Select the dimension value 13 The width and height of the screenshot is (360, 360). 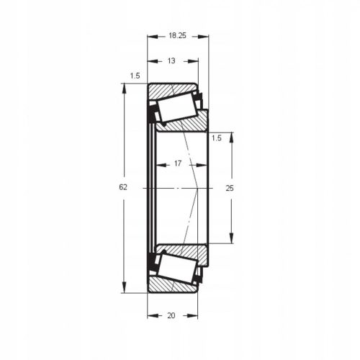pyautogui.click(x=171, y=61)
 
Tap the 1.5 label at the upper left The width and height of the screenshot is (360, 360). pyautogui.click(x=135, y=75)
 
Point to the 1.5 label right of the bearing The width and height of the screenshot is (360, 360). pyautogui.click(x=217, y=136)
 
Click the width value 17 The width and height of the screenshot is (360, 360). pyautogui.click(x=178, y=164)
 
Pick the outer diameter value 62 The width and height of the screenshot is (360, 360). pyautogui.click(x=123, y=186)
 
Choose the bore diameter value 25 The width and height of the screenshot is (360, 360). pyautogui.click(x=230, y=188)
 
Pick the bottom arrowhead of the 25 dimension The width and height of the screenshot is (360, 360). pyautogui.click(x=231, y=240)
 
